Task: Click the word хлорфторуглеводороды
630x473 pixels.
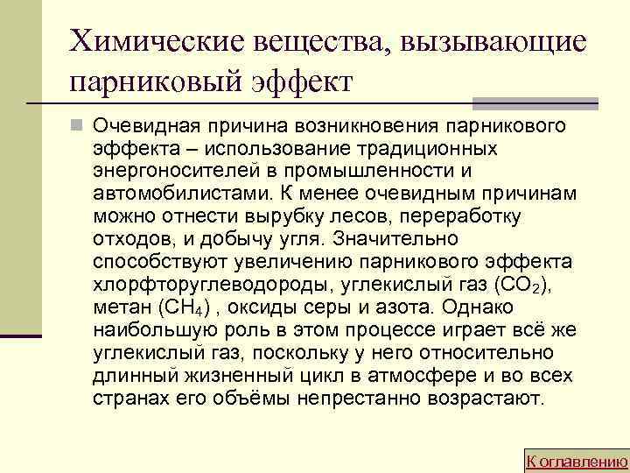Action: point(191,285)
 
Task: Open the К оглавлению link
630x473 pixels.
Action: point(575,461)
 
